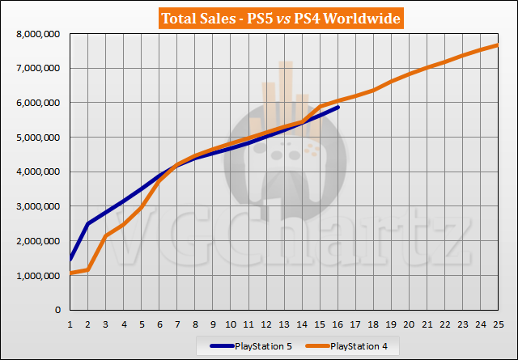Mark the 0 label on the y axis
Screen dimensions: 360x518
tap(58, 310)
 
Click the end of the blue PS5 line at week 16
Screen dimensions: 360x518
tap(338, 107)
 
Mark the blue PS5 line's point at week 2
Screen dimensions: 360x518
tap(88, 223)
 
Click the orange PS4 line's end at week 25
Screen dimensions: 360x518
tap(499, 44)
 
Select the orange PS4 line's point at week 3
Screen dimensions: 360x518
tap(106, 236)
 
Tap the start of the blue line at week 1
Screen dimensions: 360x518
tap(70, 260)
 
